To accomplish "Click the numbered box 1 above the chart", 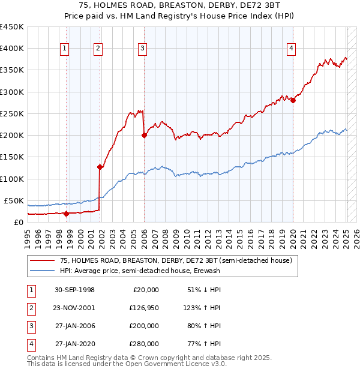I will pyautogui.click(x=64, y=49).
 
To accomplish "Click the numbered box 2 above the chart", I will pyautogui.click(x=98, y=49).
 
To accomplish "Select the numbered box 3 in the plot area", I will pyautogui.click(x=142, y=49).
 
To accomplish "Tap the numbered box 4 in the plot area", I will pyautogui.click(x=291, y=49).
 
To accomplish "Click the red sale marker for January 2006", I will pyautogui.click(x=145, y=136).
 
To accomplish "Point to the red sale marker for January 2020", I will pyautogui.click(x=293, y=101).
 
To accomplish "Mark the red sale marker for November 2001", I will pyautogui.click(x=100, y=167).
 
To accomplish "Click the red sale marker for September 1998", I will pyautogui.click(x=66, y=213).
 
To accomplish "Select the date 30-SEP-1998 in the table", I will pyautogui.click(x=74, y=290).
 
